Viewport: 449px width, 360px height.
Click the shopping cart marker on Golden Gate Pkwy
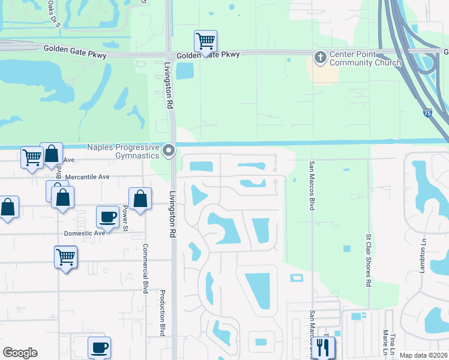[205, 41]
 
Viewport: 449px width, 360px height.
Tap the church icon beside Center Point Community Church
[321, 58]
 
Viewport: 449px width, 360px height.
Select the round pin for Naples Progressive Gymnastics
[169, 151]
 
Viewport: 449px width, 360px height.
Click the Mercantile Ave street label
[88, 177]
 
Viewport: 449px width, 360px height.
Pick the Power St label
[125, 219]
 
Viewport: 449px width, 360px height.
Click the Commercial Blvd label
[145, 265]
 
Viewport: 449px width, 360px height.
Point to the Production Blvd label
[163, 313]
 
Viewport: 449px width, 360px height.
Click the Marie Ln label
[384, 340]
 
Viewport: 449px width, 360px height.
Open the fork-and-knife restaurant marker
[323, 346]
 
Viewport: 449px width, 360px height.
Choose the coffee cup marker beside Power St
[108, 216]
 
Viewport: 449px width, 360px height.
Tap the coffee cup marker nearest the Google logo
[99, 347]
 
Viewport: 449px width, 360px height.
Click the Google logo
[20, 353]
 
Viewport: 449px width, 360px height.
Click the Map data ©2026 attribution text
[424, 355]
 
